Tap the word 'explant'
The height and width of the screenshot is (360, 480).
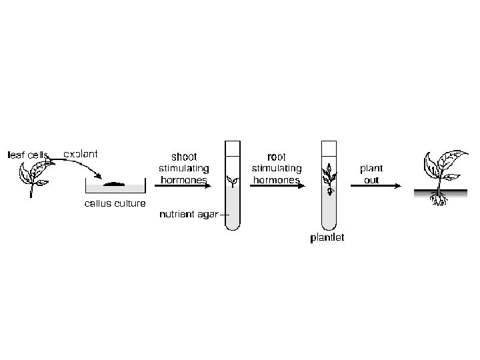(81, 154)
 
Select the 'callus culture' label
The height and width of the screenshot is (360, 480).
(115, 203)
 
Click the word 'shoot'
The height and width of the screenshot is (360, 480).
(184, 157)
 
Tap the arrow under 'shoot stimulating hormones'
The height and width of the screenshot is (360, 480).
(183, 186)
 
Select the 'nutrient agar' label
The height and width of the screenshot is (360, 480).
(189, 215)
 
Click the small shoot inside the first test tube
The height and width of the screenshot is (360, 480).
(233, 180)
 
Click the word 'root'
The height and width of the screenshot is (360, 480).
(276, 157)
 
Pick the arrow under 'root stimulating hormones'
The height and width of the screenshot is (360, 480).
(276, 186)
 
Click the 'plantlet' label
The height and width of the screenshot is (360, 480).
(327, 238)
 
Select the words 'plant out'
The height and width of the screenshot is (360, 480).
(371, 173)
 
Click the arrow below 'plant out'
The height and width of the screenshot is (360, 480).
(375, 186)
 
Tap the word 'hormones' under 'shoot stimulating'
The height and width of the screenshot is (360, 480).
(183, 180)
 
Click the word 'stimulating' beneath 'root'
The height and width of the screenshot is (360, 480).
(276, 168)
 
